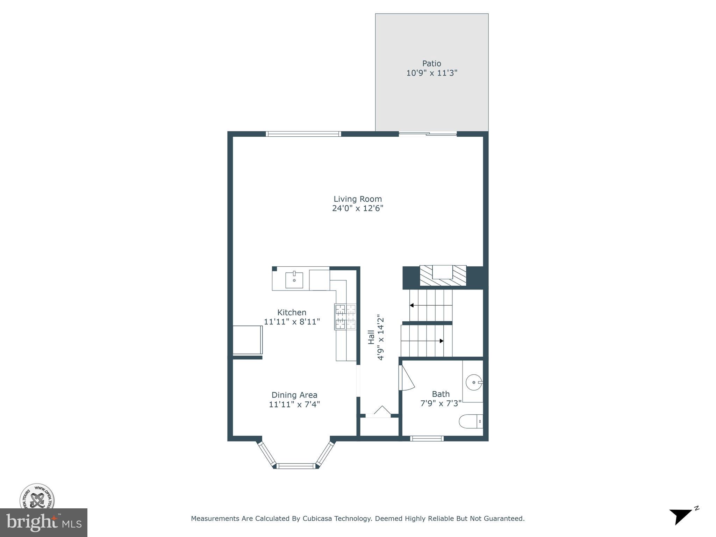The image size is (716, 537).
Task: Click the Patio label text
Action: pos(431,64)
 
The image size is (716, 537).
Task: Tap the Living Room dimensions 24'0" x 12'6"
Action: pos(357,208)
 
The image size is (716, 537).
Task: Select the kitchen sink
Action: pos(294,280)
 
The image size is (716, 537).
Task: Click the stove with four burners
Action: pos(345,317)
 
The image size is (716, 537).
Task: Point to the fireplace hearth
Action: pos(443,276)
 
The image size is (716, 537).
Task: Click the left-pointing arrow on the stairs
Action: pos(412,305)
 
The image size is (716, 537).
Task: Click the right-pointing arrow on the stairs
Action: pos(442,341)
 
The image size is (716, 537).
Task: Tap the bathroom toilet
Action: pos(471,421)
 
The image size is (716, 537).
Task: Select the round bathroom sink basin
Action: pos(474,382)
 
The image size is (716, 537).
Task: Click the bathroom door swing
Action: pos(406,379)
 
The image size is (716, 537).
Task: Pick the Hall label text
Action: pos(371,338)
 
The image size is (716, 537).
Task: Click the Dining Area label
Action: pos(294,395)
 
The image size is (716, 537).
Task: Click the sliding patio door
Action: pos(428,134)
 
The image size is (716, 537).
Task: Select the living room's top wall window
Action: pos(303,134)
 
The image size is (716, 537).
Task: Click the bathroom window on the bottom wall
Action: pos(427,438)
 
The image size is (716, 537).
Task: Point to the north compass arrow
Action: pos(680,516)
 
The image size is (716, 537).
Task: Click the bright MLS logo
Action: pos(43,522)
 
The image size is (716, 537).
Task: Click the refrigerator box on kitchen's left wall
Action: pos(248,340)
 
